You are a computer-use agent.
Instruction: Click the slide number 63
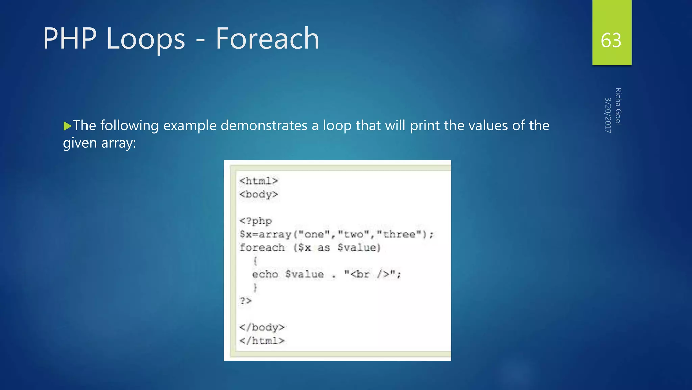611,40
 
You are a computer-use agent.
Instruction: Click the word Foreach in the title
267,39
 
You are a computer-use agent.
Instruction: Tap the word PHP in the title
70,39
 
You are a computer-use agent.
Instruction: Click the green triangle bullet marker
68,126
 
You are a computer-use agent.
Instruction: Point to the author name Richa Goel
618,106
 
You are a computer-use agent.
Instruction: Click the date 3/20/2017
608,115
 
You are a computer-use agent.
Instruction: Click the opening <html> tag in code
258,181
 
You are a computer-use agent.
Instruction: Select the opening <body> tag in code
258,195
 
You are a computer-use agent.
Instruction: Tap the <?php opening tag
255,221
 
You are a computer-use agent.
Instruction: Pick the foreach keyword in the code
262,248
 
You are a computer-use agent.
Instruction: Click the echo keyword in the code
265,274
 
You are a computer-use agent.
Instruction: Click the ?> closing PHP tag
246,301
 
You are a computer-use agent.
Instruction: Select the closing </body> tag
262,327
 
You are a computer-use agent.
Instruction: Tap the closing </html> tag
262,341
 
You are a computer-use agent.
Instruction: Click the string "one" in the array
314,234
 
